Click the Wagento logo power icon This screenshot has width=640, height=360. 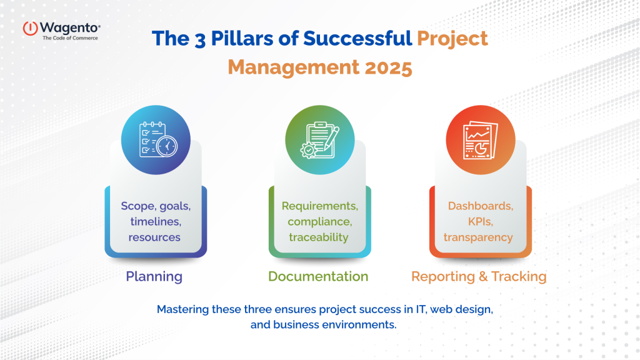tap(31, 28)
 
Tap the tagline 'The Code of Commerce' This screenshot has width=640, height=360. tap(70, 38)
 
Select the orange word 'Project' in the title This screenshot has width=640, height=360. tap(452, 39)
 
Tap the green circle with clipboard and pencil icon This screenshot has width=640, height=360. tap(319, 139)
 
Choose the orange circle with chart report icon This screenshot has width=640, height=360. tap(480, 139)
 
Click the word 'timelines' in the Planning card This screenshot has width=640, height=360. tap(154, 221)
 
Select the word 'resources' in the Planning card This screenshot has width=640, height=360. tap(154, 237)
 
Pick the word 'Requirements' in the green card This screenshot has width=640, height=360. tap(319, 206)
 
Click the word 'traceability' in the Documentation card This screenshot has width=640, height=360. tap(319, 237)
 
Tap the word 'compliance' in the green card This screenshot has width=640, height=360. tap(319, 221)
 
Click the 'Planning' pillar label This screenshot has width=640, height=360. tap(154, 276)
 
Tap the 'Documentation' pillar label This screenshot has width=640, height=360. tap(319, 276)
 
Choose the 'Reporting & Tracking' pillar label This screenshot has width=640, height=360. tap(479, 276)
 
